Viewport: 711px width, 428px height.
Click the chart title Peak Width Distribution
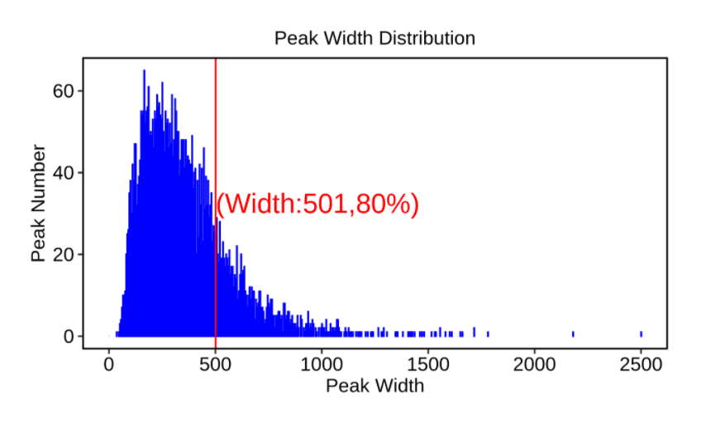click(375, 38)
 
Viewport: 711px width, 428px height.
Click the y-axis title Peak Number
click(38, 203)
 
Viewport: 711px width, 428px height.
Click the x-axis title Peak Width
click(375, 386)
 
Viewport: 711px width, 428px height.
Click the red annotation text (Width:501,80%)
click(317, 204)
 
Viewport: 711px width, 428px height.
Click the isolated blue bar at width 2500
click(641, 334)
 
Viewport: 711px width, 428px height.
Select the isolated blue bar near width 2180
click(573, 334)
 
